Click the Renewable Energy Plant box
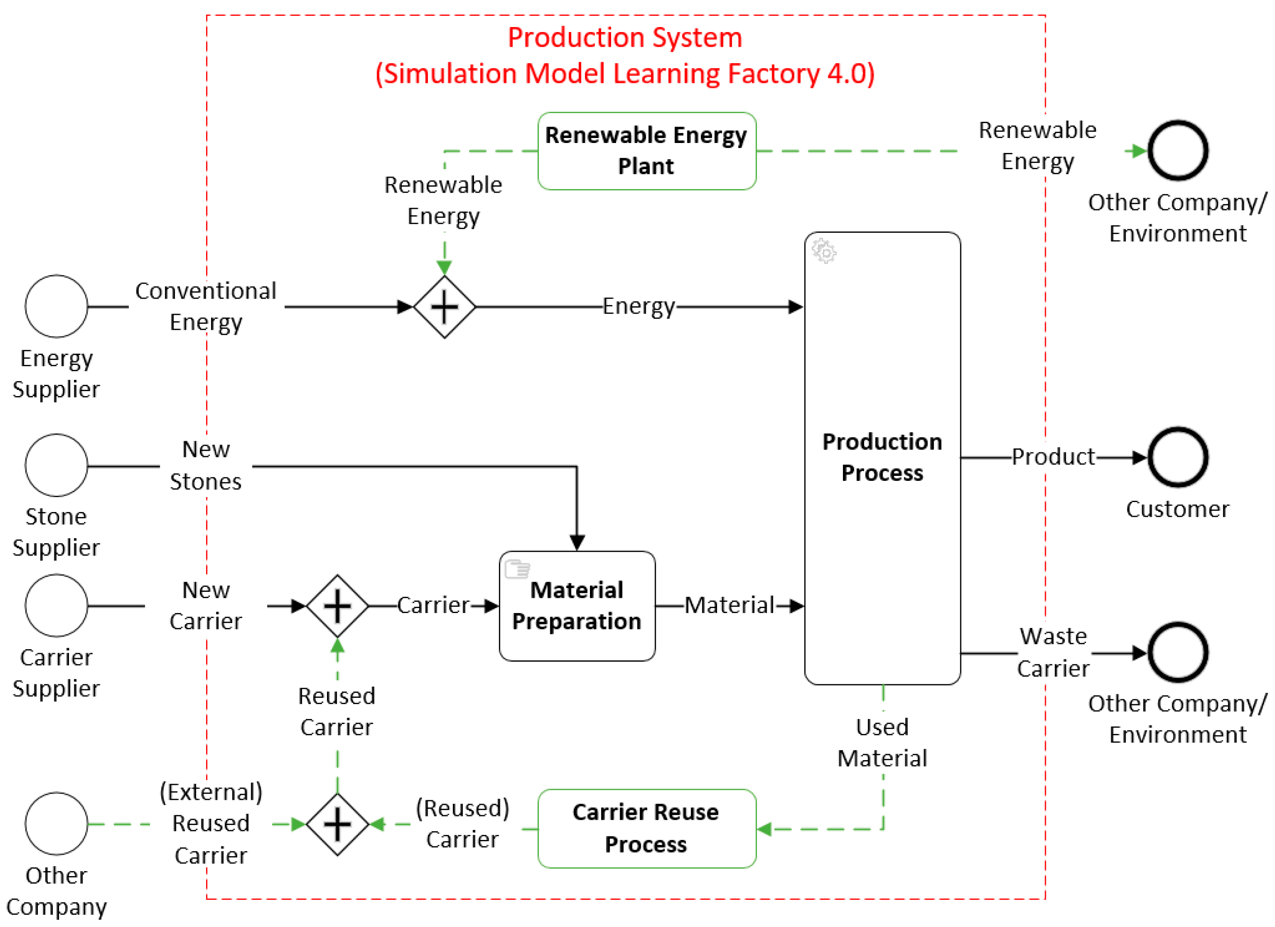646,151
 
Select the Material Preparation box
577,606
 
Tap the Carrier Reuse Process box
646,828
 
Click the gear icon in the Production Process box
824,251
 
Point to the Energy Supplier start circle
56,306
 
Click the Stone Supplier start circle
56,465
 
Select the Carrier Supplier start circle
56,605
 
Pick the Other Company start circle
56,824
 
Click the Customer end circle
1178,457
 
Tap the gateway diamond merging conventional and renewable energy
444,307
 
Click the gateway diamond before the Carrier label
337,606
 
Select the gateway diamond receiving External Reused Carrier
337,824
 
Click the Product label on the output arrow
1053,457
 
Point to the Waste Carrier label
1053,652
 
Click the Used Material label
882,742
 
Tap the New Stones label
206,465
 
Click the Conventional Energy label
206,306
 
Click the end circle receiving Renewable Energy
1178,151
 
